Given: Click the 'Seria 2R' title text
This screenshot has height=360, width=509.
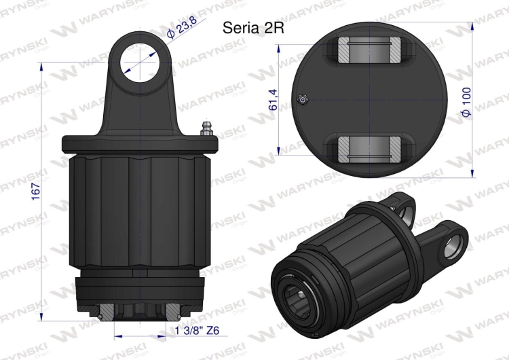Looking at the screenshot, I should (x=252, y=29).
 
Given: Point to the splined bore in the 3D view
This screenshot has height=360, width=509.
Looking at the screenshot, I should (x=296, y=293).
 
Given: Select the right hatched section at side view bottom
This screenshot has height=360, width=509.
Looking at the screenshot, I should (x=173, y=312).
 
